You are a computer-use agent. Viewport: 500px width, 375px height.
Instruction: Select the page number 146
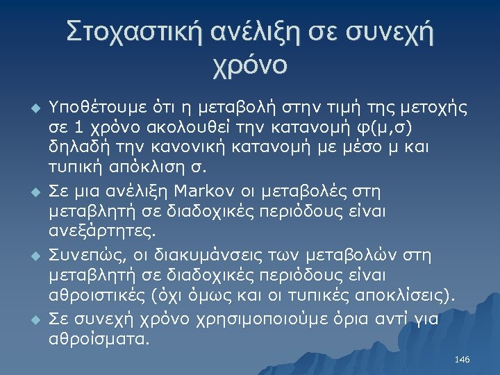point(462,359)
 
